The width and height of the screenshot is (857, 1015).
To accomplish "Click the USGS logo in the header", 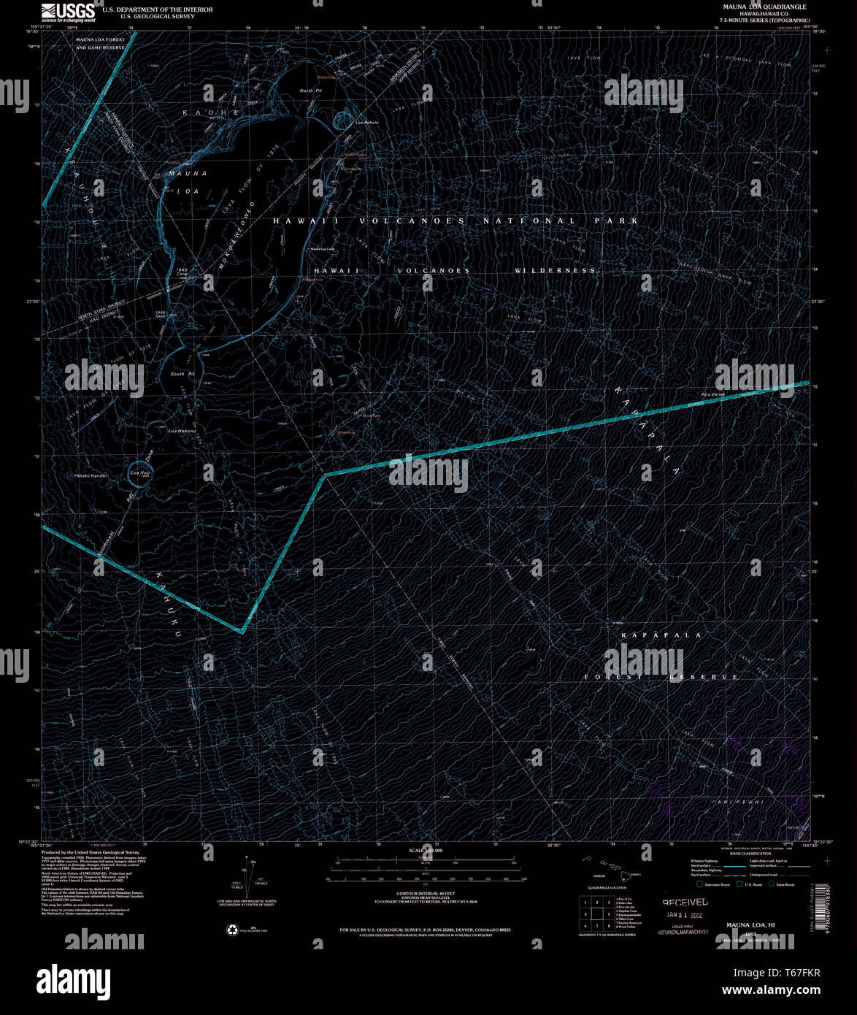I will tap(69, 12).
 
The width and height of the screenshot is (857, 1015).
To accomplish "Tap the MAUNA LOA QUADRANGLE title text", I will tap(753, 6).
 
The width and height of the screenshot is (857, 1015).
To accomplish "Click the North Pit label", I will tap(311, 91).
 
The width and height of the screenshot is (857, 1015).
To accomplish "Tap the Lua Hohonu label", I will tap(180, 430).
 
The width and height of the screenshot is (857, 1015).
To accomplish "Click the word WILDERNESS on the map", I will tap(555, 271).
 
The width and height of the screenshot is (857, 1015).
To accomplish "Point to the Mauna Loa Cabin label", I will tap(322, 250).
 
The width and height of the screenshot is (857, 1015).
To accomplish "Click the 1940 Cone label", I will tap(183, 272).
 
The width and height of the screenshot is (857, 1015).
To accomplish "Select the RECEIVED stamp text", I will tap(685, 903).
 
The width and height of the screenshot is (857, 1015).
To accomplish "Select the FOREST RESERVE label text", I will tap(661, 678).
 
